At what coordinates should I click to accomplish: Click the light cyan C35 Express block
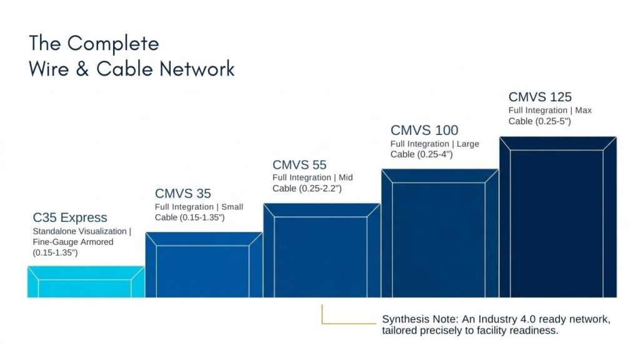tap(86, 282)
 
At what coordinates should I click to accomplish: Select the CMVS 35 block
tap(204, 265)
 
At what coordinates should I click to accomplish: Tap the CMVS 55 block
tap(322, 250)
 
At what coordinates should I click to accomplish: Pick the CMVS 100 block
tap(440, 233)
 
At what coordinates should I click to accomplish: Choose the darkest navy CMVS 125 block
tap(558, 217)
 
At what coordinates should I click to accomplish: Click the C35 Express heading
tap(70, 217)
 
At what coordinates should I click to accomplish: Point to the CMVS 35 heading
tap(183, 194)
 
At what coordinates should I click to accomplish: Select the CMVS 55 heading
tap(299, 165)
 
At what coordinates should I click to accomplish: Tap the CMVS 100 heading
tap(424, 130)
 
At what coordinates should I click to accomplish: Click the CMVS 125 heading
tap(540, 97)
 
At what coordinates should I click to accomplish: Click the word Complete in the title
tap(113, 44)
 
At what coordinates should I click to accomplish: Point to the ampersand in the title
tap(82, 69)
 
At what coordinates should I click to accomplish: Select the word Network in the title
tap(197, 69)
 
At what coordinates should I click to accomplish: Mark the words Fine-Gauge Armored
tap(73, 242)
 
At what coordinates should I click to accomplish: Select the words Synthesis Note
tap(420, 319)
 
